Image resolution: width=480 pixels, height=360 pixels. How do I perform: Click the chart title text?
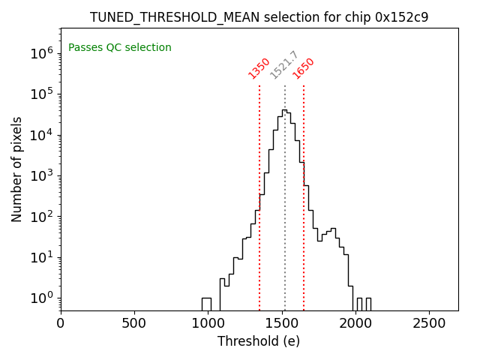click(x=259, y=17)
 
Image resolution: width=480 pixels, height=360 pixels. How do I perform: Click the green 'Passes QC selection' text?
click(x=120, y=48)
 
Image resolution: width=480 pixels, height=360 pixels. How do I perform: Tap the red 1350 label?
click(x=259, y=68)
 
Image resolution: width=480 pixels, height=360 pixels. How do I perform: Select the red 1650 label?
click(x=304, y=68)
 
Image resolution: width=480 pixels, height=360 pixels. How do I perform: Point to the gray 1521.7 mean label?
click(x=284, y=65)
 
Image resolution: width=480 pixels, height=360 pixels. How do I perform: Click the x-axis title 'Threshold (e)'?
click(x=259, y=341)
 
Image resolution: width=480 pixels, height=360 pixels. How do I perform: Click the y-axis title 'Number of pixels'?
click(x=17, y=169)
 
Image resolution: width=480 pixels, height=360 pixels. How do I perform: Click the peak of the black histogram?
click(x=283, y=109)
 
